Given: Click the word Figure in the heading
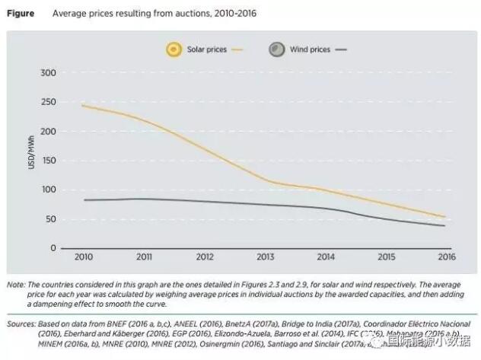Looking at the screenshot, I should click(x=21, y=13).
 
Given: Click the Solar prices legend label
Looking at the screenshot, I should click(x=206, y=49).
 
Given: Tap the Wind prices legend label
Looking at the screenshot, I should click(x=310, y=49).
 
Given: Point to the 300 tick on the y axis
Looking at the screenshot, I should click(x=48, y=73).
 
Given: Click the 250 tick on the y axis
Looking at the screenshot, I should click(x=48, y=102).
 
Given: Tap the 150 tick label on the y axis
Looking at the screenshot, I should click(x=48, y=161).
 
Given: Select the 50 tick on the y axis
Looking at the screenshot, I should click(x=50, y=219).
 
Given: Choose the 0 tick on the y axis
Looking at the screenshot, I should click(x=53, y=248).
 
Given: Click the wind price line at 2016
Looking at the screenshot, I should click(x=444, y=225).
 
